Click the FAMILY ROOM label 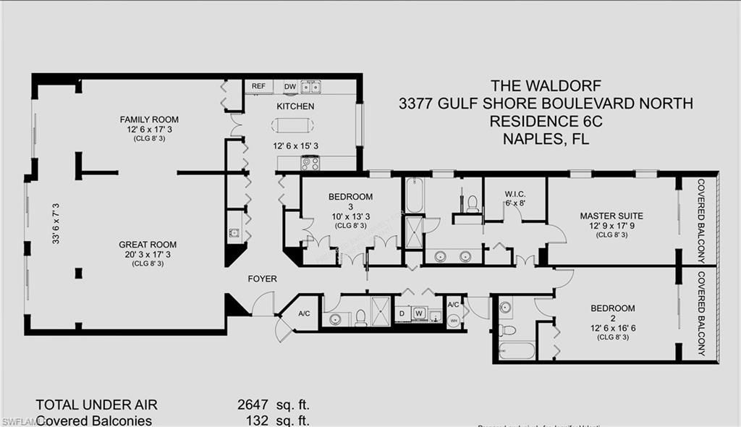(x=149, y=119)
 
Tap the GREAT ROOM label (x=148, y=245)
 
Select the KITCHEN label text (x=295, y=106)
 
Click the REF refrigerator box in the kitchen (x=258, y=86)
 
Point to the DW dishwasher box (x=289, y=86)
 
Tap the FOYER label (x=262, y=279)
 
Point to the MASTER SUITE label (x=611, y=216)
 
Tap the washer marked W (x=419, y=313)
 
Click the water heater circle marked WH (x=453, y=320)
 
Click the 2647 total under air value (x=253, y=405)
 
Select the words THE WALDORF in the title (x=545, y=85)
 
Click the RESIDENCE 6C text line (x=546, y=121)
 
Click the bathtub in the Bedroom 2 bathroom (x=517, y=351)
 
